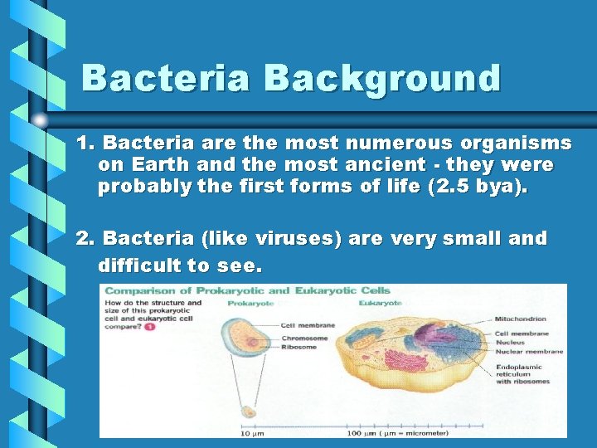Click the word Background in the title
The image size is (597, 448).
[382, 79]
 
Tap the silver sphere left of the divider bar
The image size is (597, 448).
[41, 120]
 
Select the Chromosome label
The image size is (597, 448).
[303, 338]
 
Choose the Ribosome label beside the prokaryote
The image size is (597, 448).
[298, 347]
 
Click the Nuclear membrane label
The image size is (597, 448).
[529, 351]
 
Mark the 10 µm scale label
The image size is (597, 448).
[252, 433]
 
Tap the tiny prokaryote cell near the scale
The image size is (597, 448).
[249, 411]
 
